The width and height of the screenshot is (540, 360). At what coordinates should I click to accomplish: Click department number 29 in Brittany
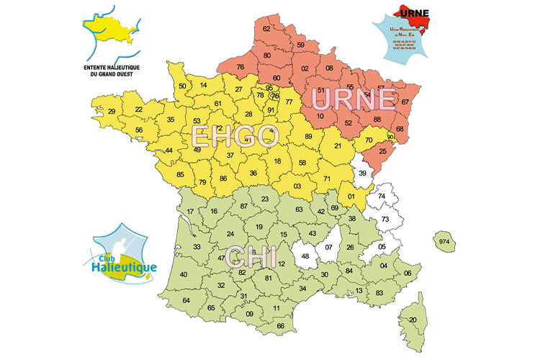click(x=112, y=112)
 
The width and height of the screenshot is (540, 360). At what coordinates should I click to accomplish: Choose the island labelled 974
click(x=444, y=243)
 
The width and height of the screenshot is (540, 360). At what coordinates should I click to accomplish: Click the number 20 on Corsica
click(x=413, y=320)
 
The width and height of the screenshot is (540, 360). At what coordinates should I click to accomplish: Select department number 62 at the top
click(x=266, y=29)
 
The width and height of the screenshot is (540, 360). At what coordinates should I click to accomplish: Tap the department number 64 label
click(x=186, y=300)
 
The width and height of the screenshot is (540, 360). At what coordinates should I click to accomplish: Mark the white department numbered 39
click(x=363, y=174)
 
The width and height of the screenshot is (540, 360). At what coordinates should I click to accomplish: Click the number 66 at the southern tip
click(x=281, y=326)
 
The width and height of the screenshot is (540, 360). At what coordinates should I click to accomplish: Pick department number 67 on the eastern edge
click(x=405, y=102)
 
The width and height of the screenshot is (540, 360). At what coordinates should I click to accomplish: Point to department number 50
click(x=183, y=86)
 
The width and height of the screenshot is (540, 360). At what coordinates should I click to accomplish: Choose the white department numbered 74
click(x=382, y=196)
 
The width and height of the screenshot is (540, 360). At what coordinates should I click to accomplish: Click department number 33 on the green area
click(x=197, y=247)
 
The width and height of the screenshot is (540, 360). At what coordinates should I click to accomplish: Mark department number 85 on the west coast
click(x=180, y=174)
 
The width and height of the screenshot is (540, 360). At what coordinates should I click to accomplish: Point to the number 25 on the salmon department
click(x=383, y=150)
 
